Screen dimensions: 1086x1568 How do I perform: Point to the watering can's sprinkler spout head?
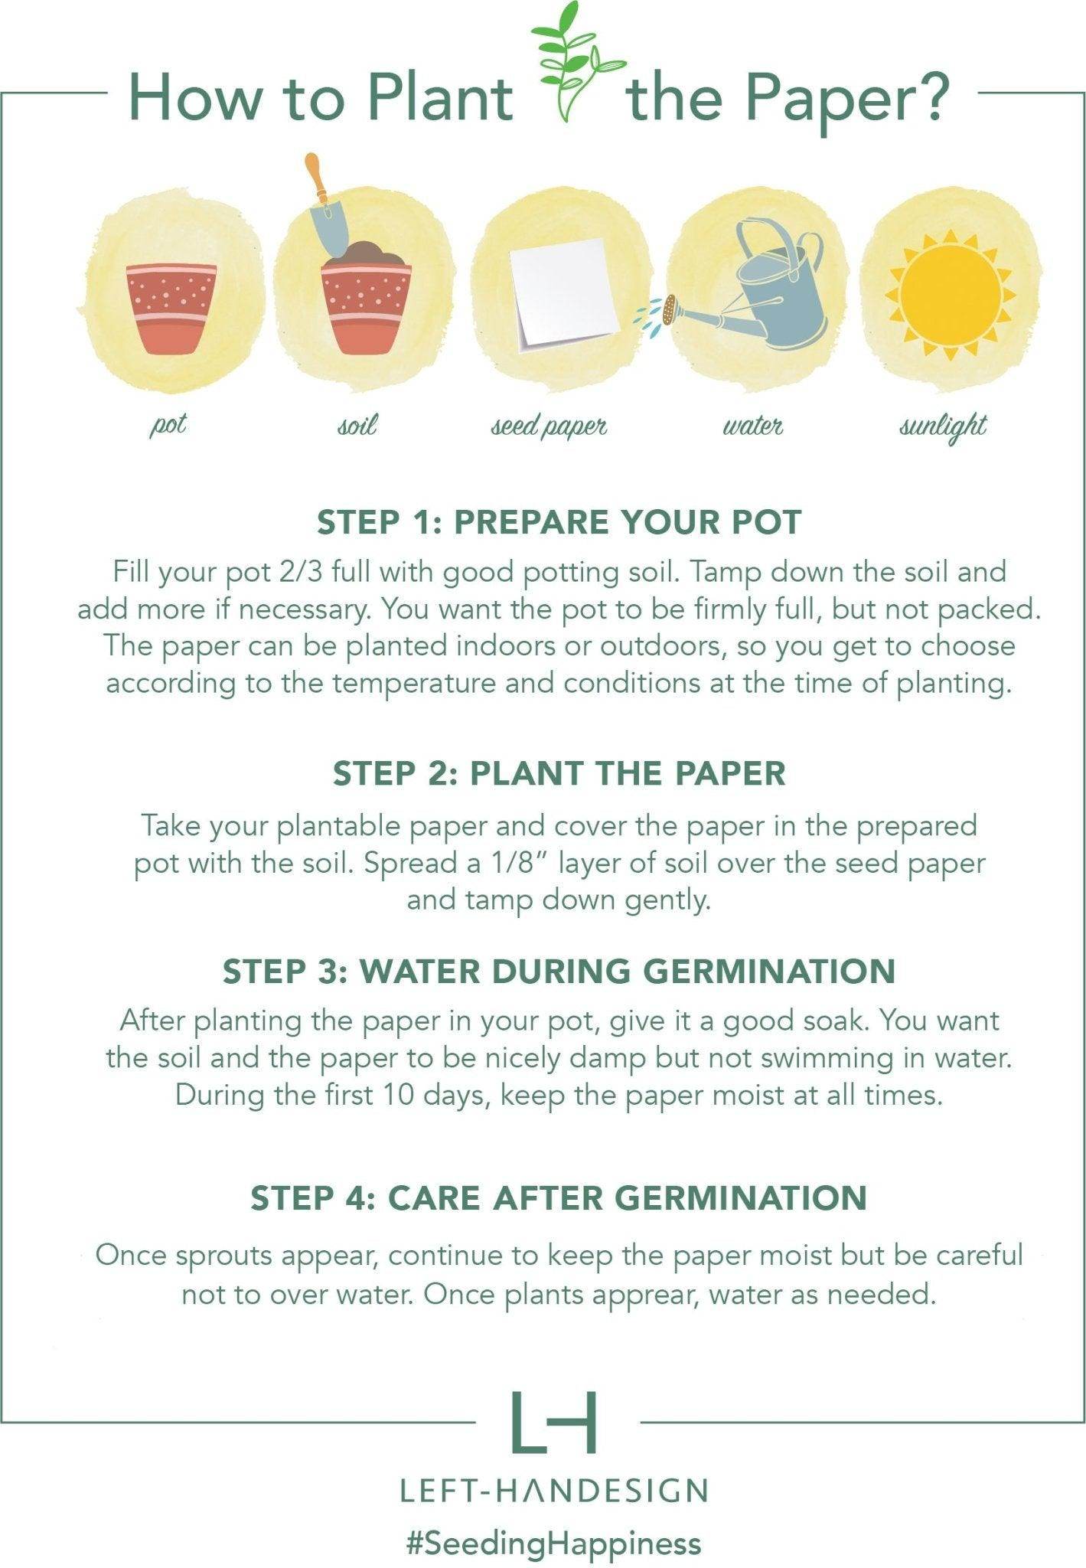[x=670, y=309]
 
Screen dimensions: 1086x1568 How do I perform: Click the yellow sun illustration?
[x=950, y=296]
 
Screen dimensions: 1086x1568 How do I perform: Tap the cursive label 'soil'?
[x=357, y=425]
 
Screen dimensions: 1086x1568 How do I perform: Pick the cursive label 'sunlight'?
[x=943, y=427]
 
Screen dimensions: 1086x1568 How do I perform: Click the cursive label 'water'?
[x=752, y=426]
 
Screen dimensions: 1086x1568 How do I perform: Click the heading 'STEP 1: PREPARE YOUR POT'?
[x=559, y=522]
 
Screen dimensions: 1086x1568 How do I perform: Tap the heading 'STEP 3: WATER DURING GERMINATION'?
[x=559, y=972]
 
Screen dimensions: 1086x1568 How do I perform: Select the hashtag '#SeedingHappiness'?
[x=554, y=1543]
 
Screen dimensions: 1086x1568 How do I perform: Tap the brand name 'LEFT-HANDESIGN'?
[x=554, y=1491]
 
